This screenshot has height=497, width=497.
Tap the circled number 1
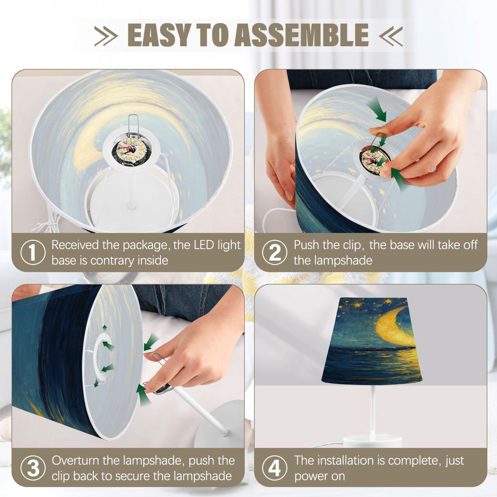[x=33, y=252]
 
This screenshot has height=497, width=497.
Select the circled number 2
[x=275, y=252]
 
